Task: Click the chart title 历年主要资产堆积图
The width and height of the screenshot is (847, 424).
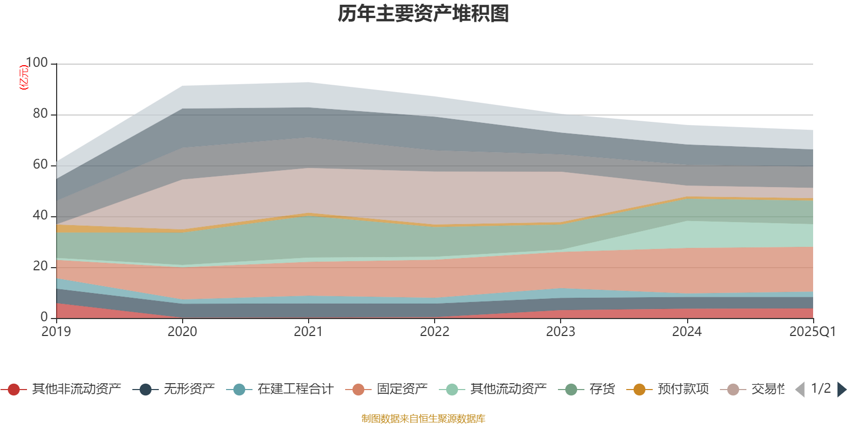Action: point(424,14)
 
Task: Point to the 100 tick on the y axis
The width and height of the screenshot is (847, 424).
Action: point(37,63)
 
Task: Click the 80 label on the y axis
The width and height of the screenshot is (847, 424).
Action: point(40,114)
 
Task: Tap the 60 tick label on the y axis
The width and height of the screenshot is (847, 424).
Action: point(40,165)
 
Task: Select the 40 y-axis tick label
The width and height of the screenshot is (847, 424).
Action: point(40,216)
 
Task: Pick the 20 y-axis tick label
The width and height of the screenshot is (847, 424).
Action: point(40,267)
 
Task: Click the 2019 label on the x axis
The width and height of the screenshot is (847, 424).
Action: point(56,332)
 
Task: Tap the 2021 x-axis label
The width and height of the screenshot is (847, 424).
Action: point(308,332)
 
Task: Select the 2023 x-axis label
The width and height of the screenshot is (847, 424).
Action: point(561,332)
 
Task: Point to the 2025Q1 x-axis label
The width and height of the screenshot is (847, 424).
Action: point(812,332)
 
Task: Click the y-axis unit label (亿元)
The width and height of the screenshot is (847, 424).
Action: point(23,77)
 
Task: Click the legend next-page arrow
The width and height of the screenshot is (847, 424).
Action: point(842,390)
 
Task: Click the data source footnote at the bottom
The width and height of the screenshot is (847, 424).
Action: point(424,419)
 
